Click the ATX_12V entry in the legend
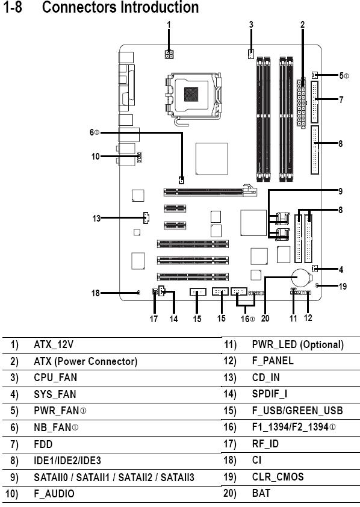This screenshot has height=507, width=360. pyautogui.click(x=54, y=344)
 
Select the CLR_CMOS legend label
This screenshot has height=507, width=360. pyautogui.click(x=278, y=477)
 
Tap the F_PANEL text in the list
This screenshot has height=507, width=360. pyautogui.click(x=273, y=361)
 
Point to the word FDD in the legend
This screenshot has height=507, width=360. pyautogui.click(x=43, y=444)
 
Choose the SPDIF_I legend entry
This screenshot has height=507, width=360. pyautogui.click(x=270, y=394)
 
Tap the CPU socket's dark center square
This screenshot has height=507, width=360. pyautogui.click(x=191, y=94)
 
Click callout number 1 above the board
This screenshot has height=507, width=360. pyautogui.click(x=169, y=25)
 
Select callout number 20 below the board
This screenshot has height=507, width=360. pyautogui.click(x=265, y=319)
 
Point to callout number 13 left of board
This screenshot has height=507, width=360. pyautogui.click(x=96, y=219)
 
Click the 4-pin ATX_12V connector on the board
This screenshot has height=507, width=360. pyautogui.click(x=169, y=54)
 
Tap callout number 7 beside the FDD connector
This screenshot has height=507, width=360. pyautogui.click(x=341, y=99)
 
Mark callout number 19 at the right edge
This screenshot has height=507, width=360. pyautogui.click(x=343, y=287)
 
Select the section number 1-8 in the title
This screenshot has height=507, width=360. pyautogui.click(x=13, y=7)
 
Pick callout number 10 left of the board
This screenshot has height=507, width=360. pyautogui.click(x=95, y=157)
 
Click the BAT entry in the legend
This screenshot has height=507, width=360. pyautogui.click(x=261, y=493)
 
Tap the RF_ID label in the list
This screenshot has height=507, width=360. pyautogui.click(x=265, y=444)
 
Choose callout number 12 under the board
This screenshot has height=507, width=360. pyautogui.click(x=308, y=318)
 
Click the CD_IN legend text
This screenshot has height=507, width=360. pyautogui.click(x=265, y=378)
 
